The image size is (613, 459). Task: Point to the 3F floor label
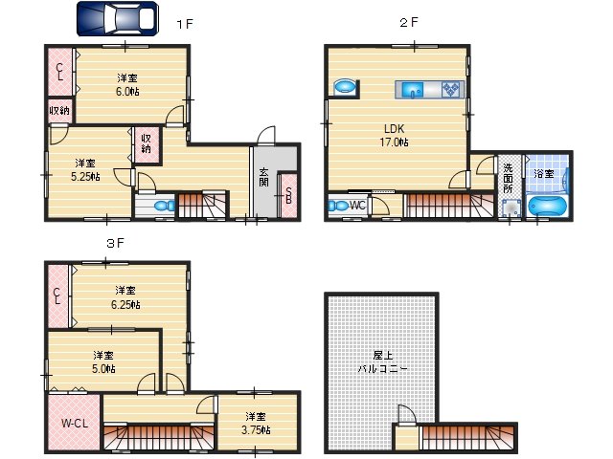point(115,244)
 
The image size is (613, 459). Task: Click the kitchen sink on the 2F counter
point(414,91)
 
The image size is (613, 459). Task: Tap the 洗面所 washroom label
point(508,179)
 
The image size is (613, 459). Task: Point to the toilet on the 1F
point(162,204)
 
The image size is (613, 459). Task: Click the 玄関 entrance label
point(263,180)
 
